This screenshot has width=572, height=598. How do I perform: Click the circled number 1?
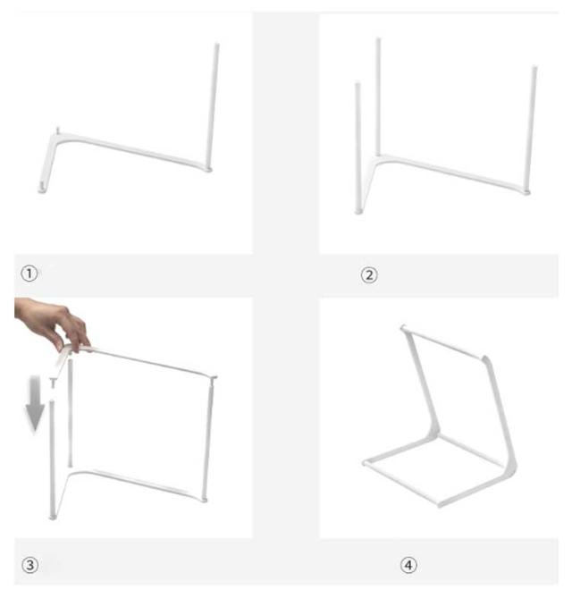pyautogui.click(x=29, y=274)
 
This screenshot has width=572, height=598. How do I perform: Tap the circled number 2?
pyautogui.click(x=369, y=275)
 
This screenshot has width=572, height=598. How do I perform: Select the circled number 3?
pyautogui.click(x=29, y=564)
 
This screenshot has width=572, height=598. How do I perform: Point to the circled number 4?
pyautogui.click(x=408, y=565)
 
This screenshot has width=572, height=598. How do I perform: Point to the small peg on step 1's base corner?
pyautogui.click(x=57, y=131)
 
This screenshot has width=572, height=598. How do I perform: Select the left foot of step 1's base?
pyautogui.click(x=42, y=189)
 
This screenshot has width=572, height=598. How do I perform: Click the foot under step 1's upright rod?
pyautogui.click(x=208, y=169)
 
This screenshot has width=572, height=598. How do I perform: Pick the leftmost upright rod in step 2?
pyautogui.click(x=357, y=147)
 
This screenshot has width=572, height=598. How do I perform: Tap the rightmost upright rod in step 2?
pyautogui.click(x=531, y=128)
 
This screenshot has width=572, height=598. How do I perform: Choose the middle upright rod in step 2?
pyautogui.click(x=378, y=97)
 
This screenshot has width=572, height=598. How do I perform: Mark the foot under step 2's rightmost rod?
pyautogui.click(x=526, y=192)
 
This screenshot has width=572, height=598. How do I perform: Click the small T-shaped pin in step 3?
pyautogui.click(x=53, y=383)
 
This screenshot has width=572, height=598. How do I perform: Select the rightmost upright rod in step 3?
pyautogui.click(x=209, y=439)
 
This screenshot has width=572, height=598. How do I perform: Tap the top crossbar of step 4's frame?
pyautogui.click(x=444, y=344)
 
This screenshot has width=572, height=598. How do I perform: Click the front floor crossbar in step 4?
pyautogui.click(x=400, y=484)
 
